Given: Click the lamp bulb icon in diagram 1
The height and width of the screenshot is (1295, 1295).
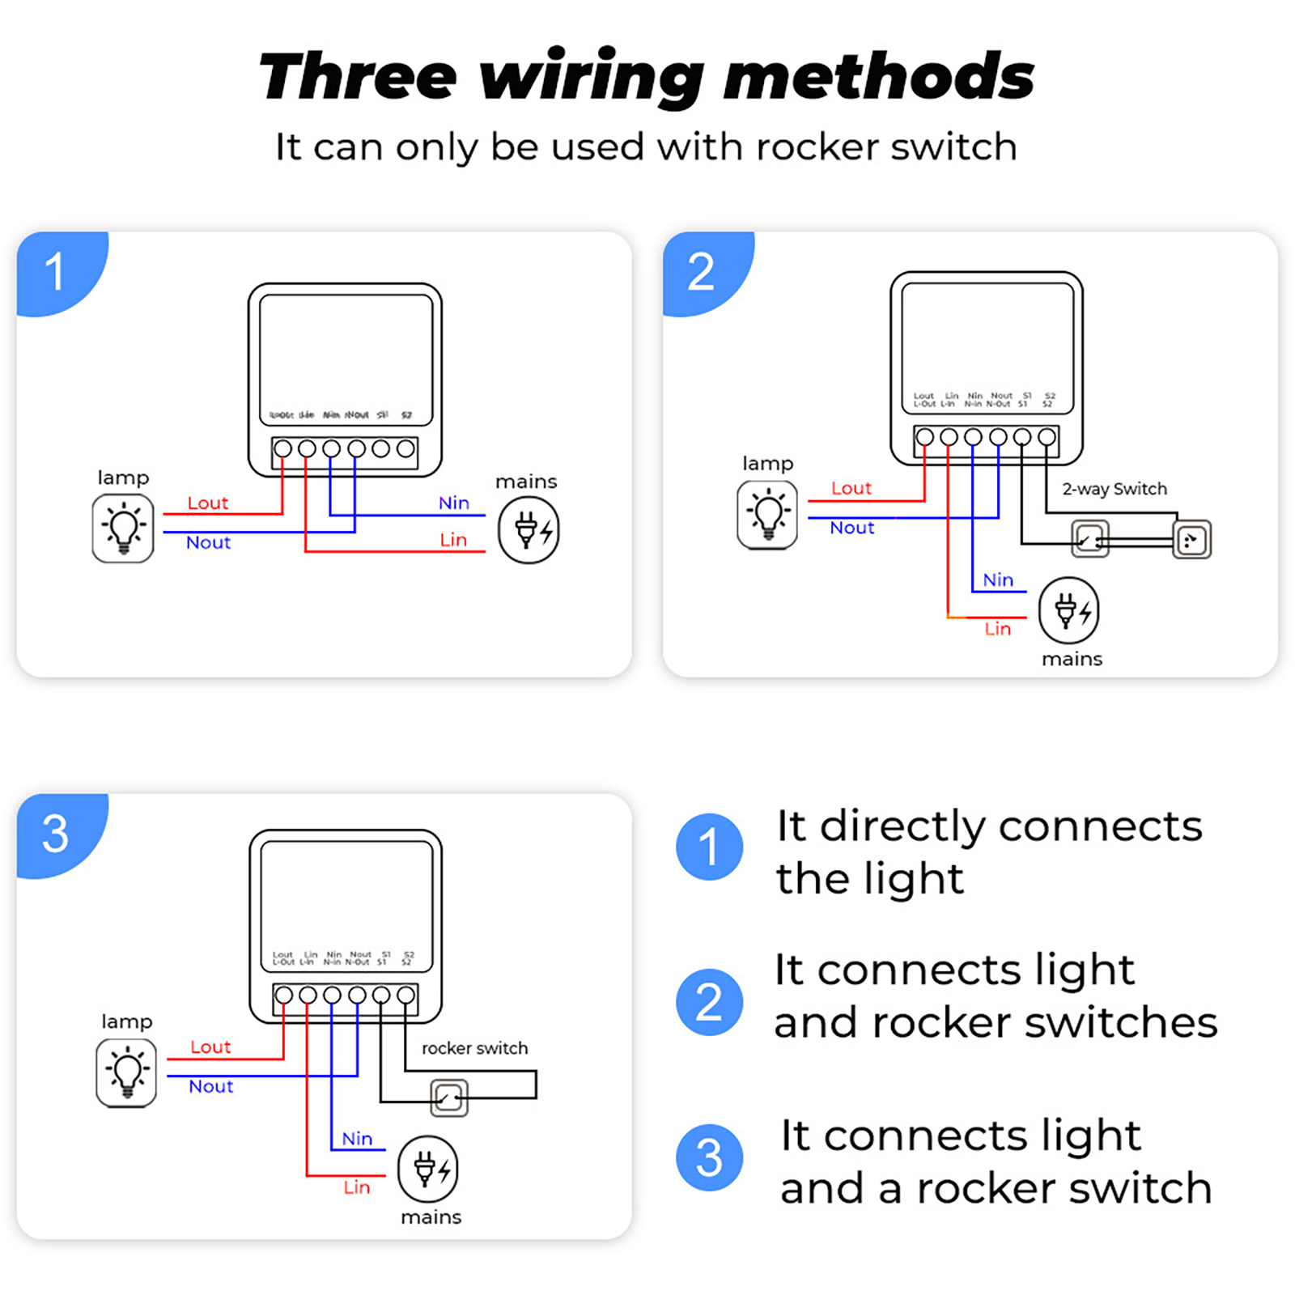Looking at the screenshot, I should tap(123, 529).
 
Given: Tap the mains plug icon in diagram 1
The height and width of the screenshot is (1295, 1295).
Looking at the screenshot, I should tap(529, 530).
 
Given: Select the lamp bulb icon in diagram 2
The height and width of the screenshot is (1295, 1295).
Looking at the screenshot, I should tap(767, 515).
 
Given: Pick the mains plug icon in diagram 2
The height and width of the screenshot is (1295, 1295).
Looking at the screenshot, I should tap(1069, 610).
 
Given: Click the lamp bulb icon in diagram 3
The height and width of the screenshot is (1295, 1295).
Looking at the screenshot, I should tap(126, 1073).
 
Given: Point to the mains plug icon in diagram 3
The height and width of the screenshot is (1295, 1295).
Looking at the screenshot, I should tap(428, 1170).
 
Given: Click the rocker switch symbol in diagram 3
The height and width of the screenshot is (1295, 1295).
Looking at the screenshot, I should tap(449, 1098).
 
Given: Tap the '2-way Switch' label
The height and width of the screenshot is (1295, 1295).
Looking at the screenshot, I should tap(1115, 489).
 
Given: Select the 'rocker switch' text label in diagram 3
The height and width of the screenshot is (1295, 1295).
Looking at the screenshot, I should tap(474, 1048).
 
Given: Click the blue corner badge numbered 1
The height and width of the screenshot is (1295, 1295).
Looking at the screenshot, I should tap(57, 271).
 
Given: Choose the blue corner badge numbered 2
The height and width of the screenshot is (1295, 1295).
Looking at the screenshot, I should tap(703, 271).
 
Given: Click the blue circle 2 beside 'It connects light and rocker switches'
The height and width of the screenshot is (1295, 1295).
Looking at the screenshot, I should tap(709, 1002).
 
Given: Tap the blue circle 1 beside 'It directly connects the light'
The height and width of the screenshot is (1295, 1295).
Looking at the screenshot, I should tap(709, 847).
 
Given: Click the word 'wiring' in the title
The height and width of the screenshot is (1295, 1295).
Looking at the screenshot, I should tap(591, 77).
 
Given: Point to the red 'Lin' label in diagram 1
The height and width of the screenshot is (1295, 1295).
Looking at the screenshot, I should tap(453, 540).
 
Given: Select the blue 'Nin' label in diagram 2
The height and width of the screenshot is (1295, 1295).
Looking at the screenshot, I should tap(998, 580).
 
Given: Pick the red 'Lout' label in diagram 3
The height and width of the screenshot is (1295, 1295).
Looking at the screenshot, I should tap(210, 1047).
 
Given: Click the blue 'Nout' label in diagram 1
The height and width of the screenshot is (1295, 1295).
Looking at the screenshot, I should tap(208, 542).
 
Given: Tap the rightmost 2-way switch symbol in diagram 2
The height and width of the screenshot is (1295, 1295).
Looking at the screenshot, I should tap(1191, 540).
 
